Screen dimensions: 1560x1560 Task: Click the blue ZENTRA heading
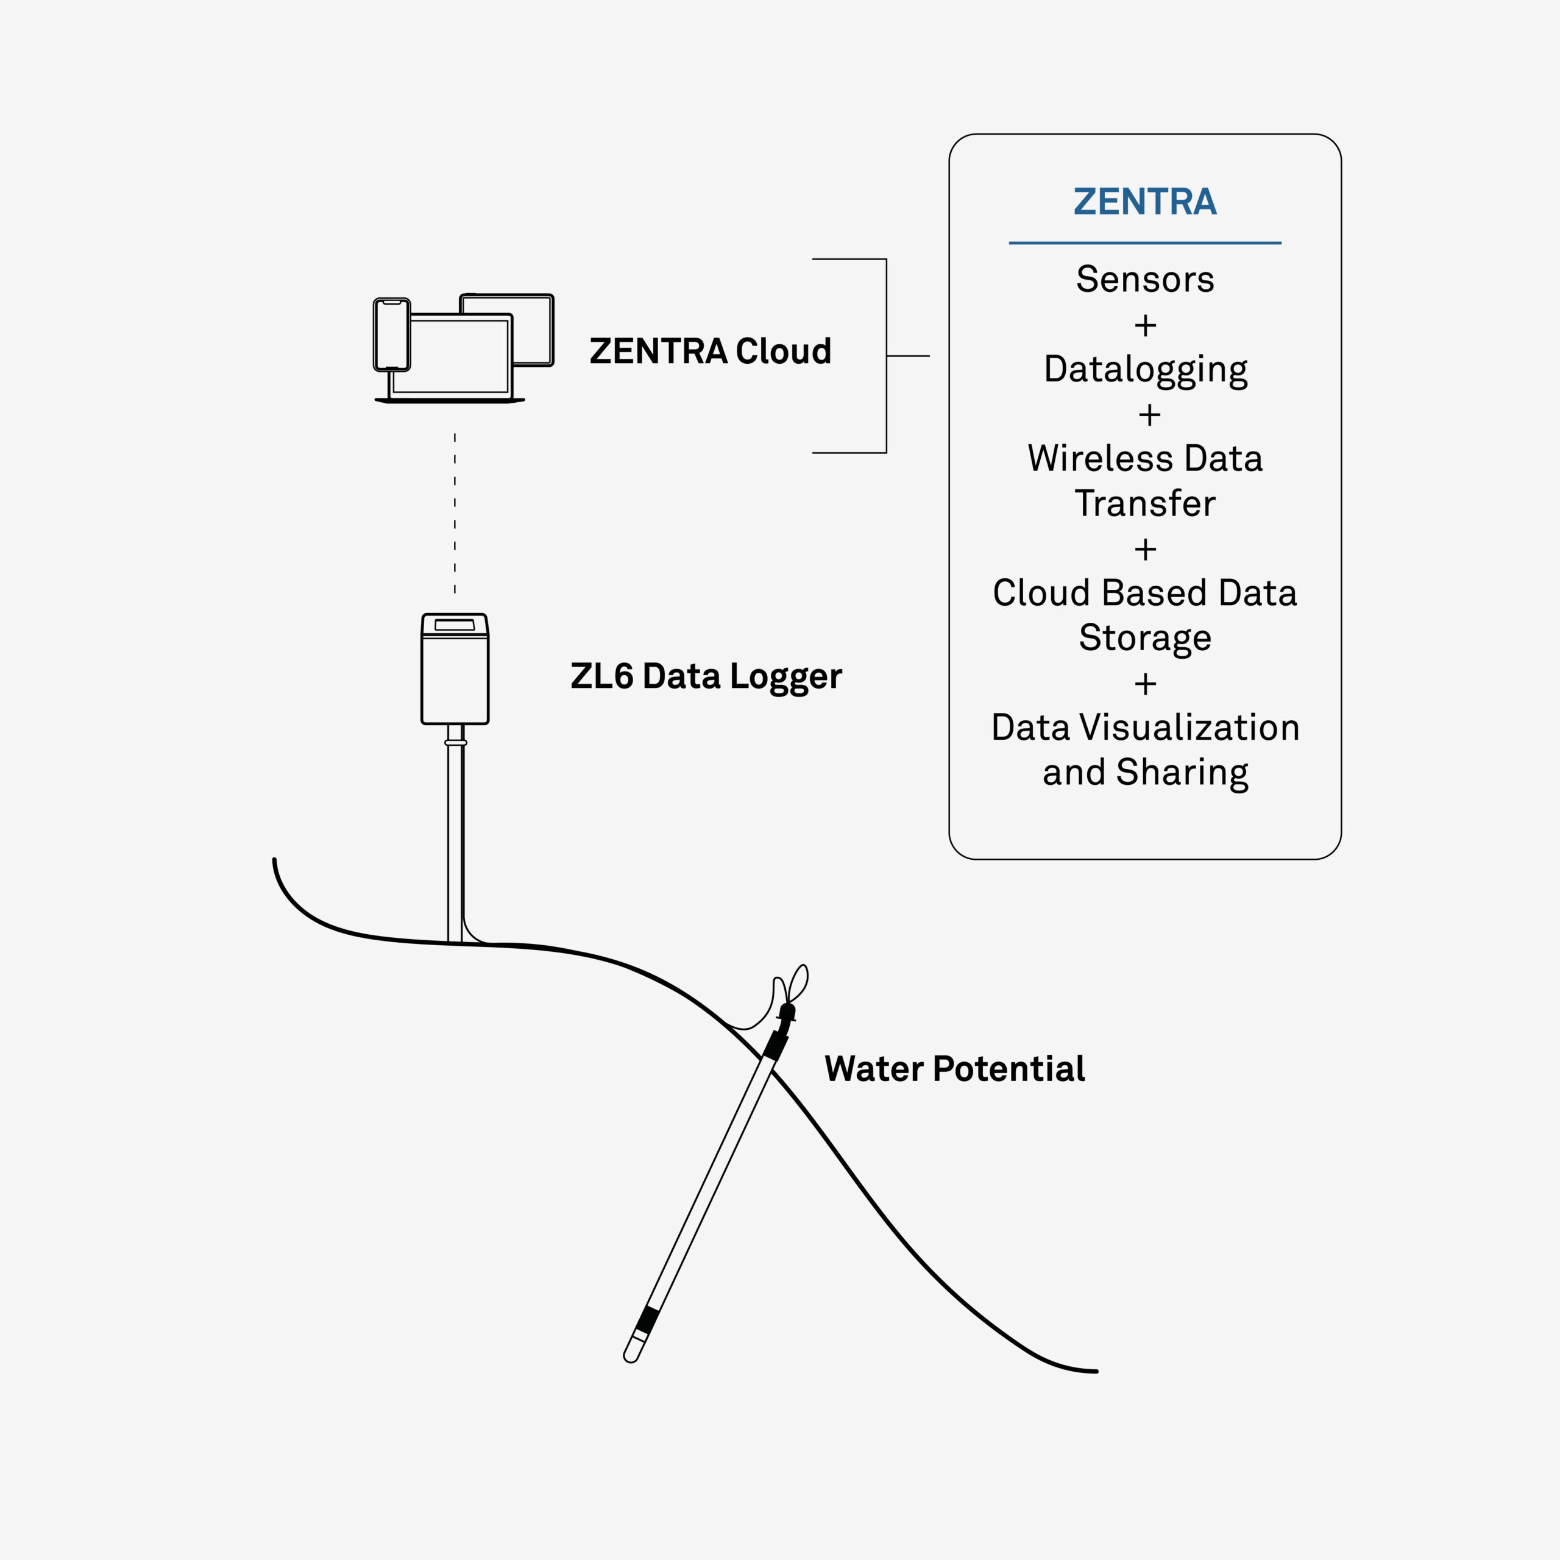click(x=1144, y=201)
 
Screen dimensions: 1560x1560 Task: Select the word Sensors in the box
click(x=1145, y=279)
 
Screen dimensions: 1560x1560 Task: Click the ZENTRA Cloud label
click(x=711, y=351)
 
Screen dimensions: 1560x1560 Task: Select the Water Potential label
click(x=954, y=1069)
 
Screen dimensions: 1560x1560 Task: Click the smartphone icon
click(x=392, y=335)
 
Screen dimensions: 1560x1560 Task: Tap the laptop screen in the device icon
click(x=450, y=356)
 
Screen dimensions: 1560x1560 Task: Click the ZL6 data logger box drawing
click(x=455, y=668)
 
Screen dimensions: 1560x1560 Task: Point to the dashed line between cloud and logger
click(x=455, y=514)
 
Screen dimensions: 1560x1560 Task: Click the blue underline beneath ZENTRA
click(x=1145, y=243)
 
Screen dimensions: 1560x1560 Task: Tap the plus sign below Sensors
click(x=1145, y=325)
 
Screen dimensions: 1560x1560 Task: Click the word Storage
click(x=1145, y=639)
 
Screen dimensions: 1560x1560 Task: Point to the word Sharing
click(x=1182, y=773)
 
